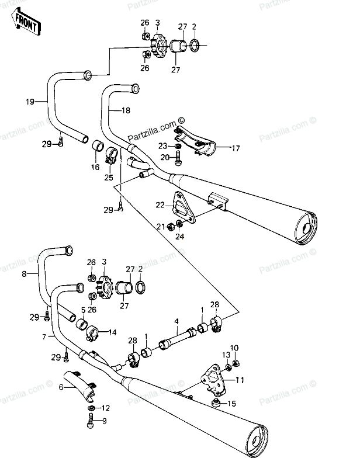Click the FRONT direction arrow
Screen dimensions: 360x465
[26, 22]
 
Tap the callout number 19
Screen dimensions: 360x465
[30, 102]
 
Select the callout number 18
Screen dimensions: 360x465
[126, 110]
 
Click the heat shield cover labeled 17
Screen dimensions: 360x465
[195, 141]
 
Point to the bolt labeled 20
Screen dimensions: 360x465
[178, 158]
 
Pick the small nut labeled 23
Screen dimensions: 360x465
[178, 146]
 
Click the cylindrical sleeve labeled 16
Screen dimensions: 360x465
[97, 145]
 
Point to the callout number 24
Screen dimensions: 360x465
[179, 237]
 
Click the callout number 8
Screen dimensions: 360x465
[24, 274]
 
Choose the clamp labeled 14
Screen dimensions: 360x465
[92, 334]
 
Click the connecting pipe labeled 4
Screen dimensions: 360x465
[178, 338]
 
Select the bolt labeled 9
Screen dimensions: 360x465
[91, 421]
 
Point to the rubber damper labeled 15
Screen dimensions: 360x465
[216, 402]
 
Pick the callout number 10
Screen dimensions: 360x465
[234, 348]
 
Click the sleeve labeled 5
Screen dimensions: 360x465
[81, 324]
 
